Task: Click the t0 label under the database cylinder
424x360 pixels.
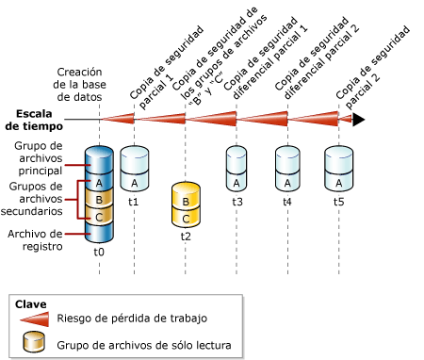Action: (99, 253)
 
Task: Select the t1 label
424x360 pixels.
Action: (134, 202)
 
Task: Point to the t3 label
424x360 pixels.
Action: (237, 202)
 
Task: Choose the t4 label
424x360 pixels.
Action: (286, 202)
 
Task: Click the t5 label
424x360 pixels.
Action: (338, 202)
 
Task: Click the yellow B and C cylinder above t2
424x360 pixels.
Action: (186, 207)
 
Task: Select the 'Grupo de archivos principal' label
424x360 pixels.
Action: (38, 158)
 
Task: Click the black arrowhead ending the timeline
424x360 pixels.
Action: (358, 119)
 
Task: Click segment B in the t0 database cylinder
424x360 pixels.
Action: (99, 200)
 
